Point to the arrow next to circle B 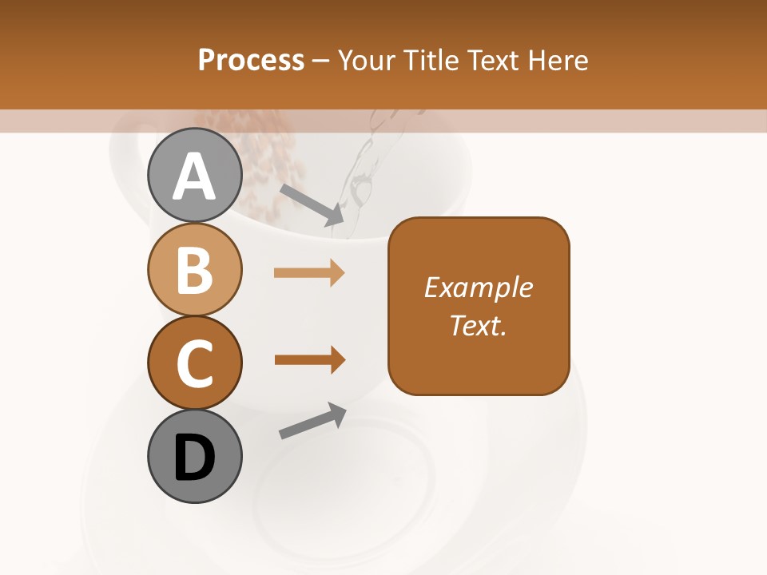click(309, 273)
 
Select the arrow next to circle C click(309, 359)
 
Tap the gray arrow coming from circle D click(312, 421)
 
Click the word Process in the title click(252, 61)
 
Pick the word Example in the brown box click(478, 287)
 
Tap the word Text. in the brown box click(478, 326)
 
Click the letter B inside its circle click(194, 270)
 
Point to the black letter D click(194, 458)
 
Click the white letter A click(194, 176)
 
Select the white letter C click(194, 363)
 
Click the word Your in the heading click(368, 61)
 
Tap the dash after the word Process click(321, 61)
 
